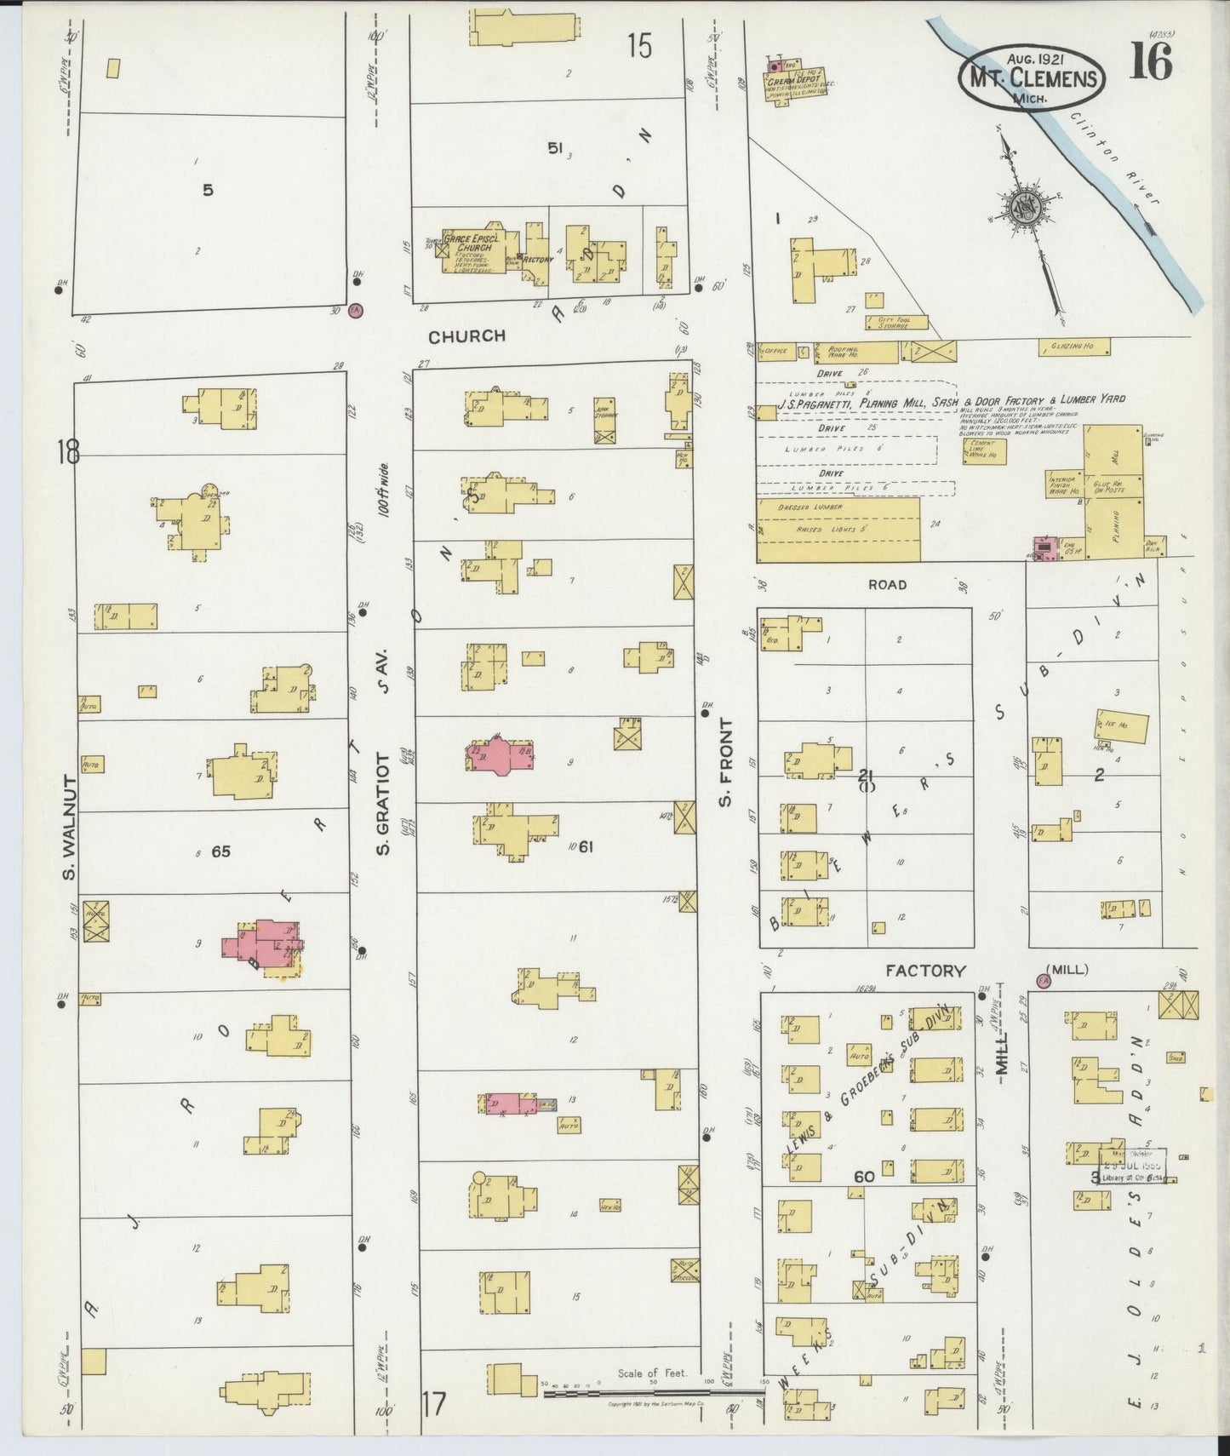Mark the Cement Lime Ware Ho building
coord(984,450)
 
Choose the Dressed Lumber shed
coord(838,529)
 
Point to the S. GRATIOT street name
coord(384,800)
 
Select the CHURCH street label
coord(466,336)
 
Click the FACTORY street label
coord(925,971)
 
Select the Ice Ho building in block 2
coord(1121,726)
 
